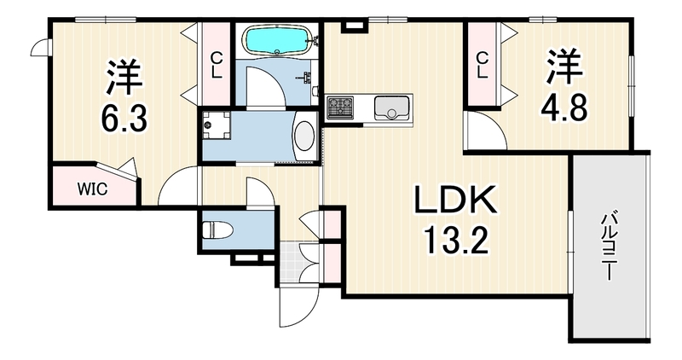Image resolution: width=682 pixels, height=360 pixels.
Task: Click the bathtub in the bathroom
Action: (x=278, y=40)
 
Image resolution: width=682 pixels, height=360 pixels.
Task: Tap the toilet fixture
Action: (x=218, y=229)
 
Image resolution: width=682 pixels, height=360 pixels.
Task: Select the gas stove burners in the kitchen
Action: (x=339, y=107)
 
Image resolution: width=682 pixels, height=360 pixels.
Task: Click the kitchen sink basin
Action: (x=391, y=107)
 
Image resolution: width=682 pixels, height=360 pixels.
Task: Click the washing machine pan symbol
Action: (x=217, y=125)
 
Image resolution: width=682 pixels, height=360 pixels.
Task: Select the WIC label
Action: (x=92, y=189)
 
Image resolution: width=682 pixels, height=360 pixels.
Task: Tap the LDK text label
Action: (x=455, y=200)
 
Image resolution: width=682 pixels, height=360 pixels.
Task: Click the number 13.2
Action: (x=456, y=241)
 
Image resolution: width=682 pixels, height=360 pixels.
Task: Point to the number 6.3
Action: (x=124, y=118)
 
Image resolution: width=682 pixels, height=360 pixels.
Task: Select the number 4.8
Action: (x=564, y=107)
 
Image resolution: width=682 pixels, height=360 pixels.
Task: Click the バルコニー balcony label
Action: (x=609, y=245)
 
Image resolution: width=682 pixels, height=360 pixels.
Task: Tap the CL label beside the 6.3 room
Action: (x=217, y=65)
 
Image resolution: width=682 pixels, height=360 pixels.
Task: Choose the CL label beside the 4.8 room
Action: (x=482, y=65)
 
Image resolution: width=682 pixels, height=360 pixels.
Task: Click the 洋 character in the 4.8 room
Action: (x=564, y=67)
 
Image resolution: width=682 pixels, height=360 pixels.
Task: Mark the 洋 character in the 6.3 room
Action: (x=124, y=77)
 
